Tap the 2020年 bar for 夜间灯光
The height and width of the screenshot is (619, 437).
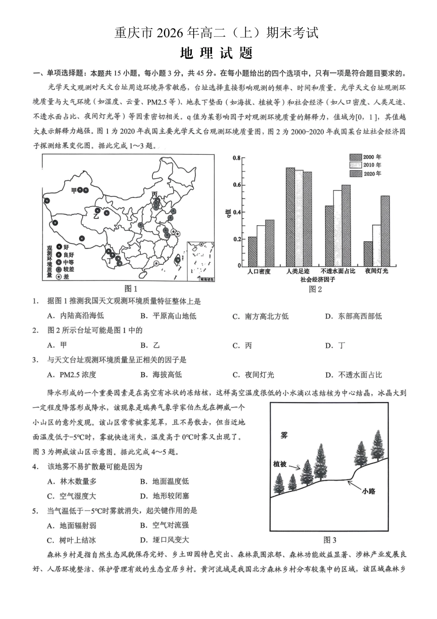click(385, 231)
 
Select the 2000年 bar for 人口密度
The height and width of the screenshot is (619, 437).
click(252, 251)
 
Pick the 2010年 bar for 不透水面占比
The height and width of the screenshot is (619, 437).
click(338, 228)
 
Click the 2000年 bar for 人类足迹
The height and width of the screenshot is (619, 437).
click(290, 217)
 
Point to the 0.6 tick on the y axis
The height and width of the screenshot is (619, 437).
click(236, 185)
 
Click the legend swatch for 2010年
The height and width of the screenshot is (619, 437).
click(356, 165)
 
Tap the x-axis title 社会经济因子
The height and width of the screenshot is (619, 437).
click(318, 280)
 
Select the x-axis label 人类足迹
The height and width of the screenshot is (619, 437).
click(298, 272)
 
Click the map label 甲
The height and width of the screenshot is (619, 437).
click(74, 190)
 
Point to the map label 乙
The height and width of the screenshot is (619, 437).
click(97, 215)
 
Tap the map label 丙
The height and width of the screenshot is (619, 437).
click(155, 194)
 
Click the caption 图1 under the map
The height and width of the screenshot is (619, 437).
click(131, 289)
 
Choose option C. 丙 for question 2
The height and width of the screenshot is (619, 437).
click(242, 345)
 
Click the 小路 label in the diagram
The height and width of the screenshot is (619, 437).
click(368, 491)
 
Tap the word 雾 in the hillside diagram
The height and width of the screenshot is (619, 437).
click(284, 435)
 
